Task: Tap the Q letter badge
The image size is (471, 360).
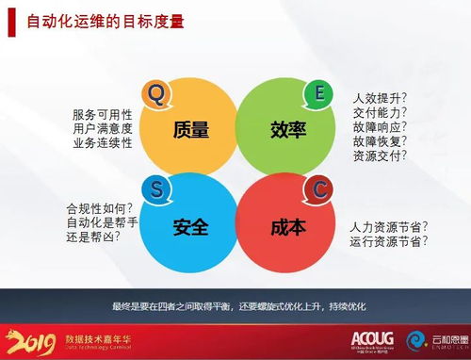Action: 156,92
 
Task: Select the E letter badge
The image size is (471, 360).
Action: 319,92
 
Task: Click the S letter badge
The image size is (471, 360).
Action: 156,188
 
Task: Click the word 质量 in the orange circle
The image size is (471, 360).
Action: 191,130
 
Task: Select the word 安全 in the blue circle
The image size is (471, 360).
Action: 191,227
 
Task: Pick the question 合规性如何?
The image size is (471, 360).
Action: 99,207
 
